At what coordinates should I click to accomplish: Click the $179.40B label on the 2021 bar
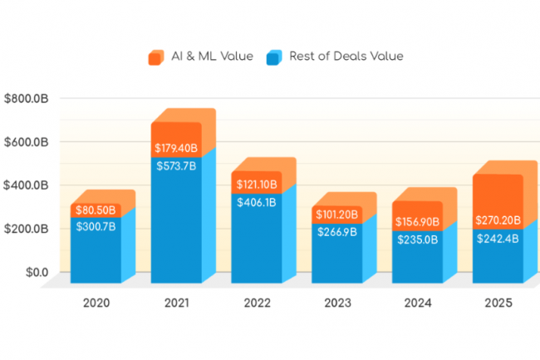point(177,149)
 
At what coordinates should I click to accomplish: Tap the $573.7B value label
point(176,166)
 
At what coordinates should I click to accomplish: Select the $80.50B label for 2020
point(96,210)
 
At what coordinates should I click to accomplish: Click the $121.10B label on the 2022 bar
point(257,183)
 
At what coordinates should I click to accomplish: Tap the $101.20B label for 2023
point(337,215)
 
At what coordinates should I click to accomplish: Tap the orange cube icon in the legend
point(155,57)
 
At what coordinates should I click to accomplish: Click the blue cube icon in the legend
point(274,57)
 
